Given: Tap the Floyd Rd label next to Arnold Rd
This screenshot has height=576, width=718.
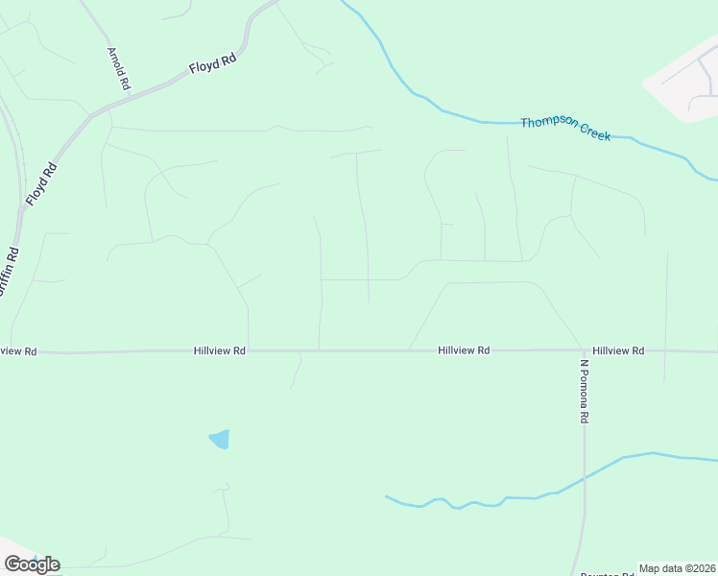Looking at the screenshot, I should coord(212,64).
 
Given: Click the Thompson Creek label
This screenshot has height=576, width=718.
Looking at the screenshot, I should coord(565,129).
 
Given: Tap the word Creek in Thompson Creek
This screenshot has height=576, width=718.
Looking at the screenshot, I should coord(594,132).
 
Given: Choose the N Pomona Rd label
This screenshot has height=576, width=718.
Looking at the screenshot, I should coord(583,392).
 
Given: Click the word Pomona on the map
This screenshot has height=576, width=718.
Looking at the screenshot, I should coord(583,389).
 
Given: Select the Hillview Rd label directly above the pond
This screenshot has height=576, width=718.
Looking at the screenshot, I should coord(220,351).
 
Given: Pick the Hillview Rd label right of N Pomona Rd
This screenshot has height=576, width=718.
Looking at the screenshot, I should coord(618,351).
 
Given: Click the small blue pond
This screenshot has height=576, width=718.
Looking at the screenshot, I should coord(220,440).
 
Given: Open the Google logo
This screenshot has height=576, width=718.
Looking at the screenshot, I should coord(32,564).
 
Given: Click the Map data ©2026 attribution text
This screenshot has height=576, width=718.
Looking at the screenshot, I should coord(678,568).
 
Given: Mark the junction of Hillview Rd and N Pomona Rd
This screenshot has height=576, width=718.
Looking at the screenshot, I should coord(583,350).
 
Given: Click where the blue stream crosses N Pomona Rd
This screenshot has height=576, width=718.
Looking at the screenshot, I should coord(584,477).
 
